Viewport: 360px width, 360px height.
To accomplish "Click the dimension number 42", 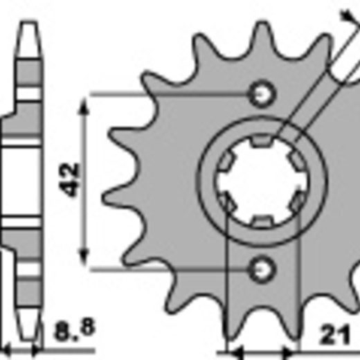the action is tap(69, 179).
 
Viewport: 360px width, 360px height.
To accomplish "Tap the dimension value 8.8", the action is tap(75, 329).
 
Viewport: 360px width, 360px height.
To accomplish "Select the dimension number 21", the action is tap(334, 334).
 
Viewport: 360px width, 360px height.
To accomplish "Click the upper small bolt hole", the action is tap(261, 94).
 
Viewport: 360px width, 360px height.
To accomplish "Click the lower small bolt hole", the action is tap(261, 269).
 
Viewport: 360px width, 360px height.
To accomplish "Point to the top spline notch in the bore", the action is tap(261, 141).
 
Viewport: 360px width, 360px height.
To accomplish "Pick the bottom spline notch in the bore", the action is tap(261, 222).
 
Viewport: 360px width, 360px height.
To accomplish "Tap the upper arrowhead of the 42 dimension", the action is tap(84, 106).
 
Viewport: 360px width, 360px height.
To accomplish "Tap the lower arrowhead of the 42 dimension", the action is tap(84, 256).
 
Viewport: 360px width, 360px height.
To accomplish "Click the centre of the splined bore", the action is tap(261, 181).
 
